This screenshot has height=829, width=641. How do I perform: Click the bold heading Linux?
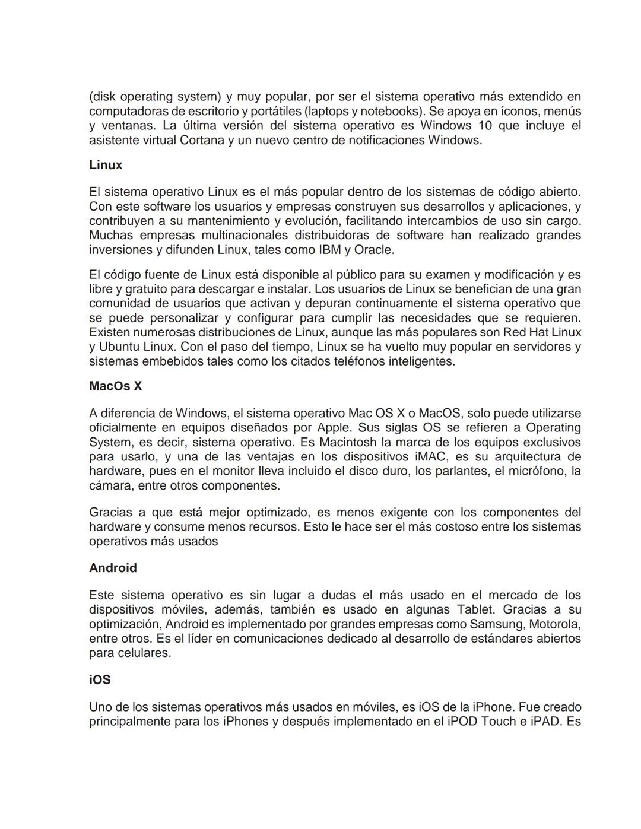[x=106, y=165]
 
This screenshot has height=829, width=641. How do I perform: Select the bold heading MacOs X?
[x=116, y=386]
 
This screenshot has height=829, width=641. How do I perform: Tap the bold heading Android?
[x=113, y=568]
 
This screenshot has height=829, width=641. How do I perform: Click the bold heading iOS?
[x=100, y=680]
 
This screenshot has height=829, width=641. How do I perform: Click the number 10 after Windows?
[x=484, y=126]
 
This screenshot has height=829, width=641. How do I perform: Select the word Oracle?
[x=373, y=250]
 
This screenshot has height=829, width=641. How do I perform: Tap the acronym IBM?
[x=330, y=250]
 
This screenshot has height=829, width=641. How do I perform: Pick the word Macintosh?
[x=348, y=442]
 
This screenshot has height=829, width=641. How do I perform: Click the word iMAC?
[x=426, y=457]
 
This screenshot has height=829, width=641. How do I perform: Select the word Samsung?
[x=496, y=624]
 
